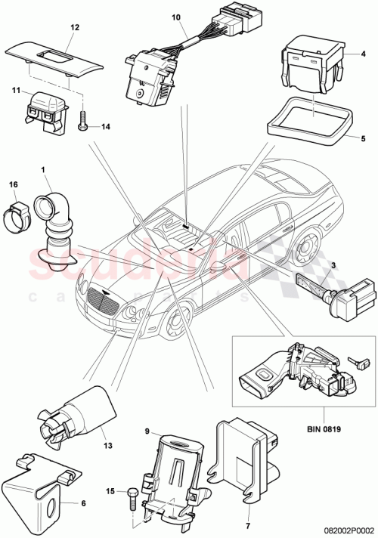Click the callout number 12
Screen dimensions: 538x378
point(74,26)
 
